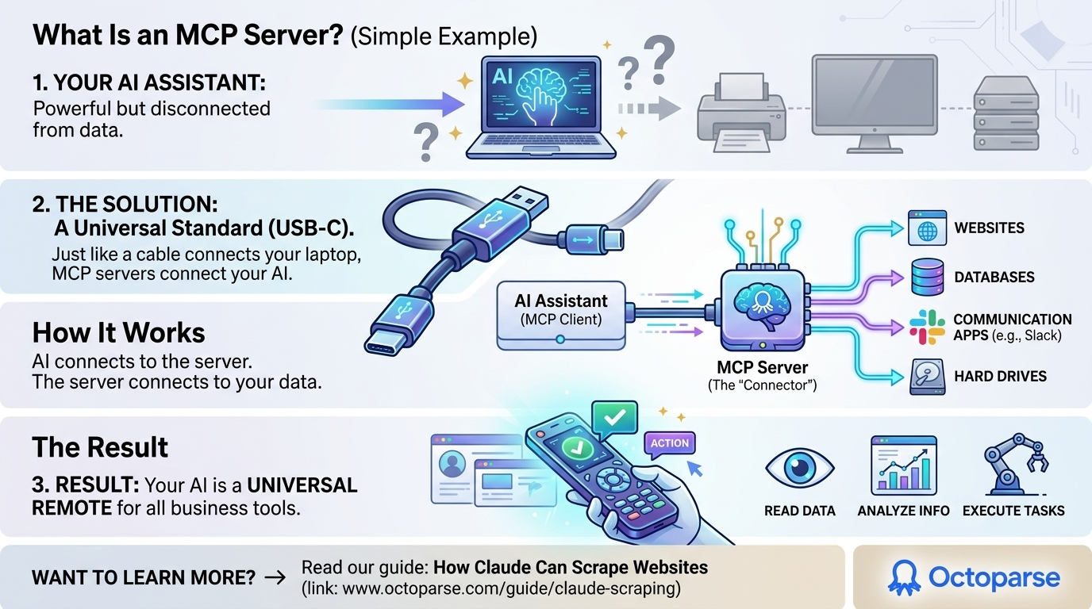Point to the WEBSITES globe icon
pos(927,228)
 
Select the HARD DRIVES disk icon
pos(927,376)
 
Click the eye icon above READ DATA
pos(798,466)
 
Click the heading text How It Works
pos(119,332)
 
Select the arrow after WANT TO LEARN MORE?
pos(275,578)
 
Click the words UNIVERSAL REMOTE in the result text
pos(194,495)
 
